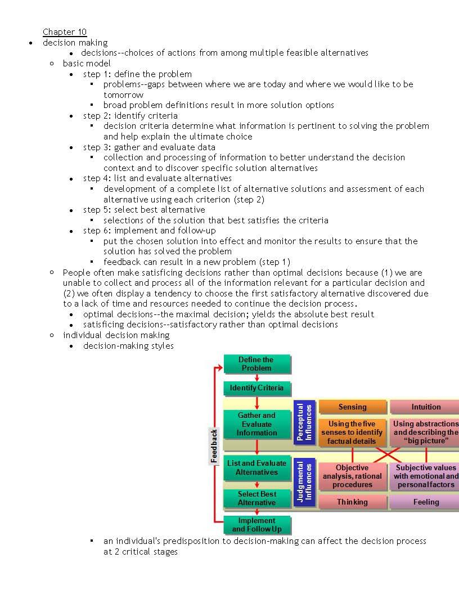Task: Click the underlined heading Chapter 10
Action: click(65, 32)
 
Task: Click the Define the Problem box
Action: click(256, 364)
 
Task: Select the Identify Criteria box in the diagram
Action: click(256, 388)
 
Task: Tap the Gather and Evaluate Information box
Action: click(256, 424)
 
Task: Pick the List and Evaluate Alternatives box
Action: click(256, 468)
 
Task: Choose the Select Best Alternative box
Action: click(256, 498)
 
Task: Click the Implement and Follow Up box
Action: click(256, 525)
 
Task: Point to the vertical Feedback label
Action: click(214, 445)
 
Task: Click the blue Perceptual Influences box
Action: click(304, 422)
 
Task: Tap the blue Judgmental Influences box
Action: click(304, 482)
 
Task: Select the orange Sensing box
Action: click(352, 407)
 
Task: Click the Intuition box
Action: click(425, 407)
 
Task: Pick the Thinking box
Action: click(352, 502)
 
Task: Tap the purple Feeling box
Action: click(425, 502)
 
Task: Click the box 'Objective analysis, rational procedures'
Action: click(352, 476)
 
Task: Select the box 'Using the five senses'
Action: click(352, 432)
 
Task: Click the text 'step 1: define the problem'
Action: click(137, 74)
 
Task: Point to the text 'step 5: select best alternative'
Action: click(144, 210)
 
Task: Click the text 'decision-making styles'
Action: click(128, 345)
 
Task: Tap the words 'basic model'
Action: click(87, 63)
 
